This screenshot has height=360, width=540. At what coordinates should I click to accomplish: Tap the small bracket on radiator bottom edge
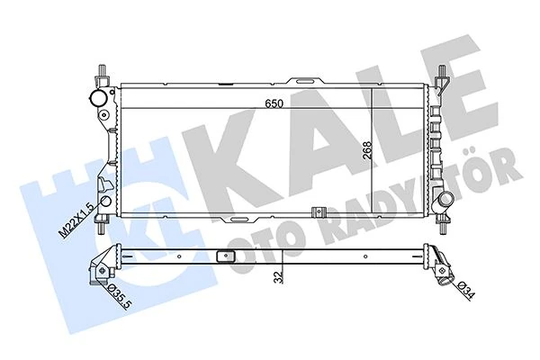coord(316,213)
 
